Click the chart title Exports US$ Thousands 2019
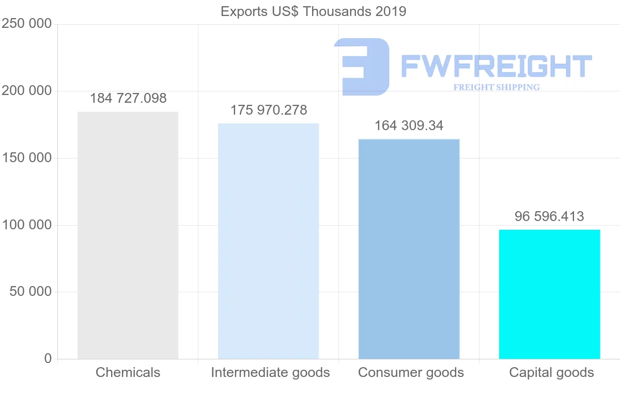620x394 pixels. [x=313, y=11]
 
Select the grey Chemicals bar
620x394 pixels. [x=128, y=235]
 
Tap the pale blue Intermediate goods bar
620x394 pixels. [x=268, y=241]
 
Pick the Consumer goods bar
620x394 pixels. [x=409, y=248]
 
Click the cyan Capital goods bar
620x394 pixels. [x=549, y=294]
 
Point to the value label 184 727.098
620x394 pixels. [x=128, y=99]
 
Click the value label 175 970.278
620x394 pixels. [x=269, y=110]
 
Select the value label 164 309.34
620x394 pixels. [x=409, y=125]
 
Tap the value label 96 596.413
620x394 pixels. [x=549, y=216]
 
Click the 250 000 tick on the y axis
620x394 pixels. [x=27, y=24]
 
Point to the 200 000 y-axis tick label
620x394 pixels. [x=27, y=91]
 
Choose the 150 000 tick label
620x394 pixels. [x=27, y=158]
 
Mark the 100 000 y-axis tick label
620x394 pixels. [x=27, y=225]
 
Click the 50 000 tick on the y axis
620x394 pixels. [x=30, y=292]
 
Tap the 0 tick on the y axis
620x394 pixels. [x=48, y=358]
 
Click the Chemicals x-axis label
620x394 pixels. [x=128, y=372]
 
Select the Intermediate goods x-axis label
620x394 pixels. [x=270, y=372]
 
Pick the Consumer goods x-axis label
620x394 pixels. [x=411, y=372]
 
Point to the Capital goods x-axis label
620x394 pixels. [x=551, y=372]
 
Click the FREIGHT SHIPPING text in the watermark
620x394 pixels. [x=496, y=87]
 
